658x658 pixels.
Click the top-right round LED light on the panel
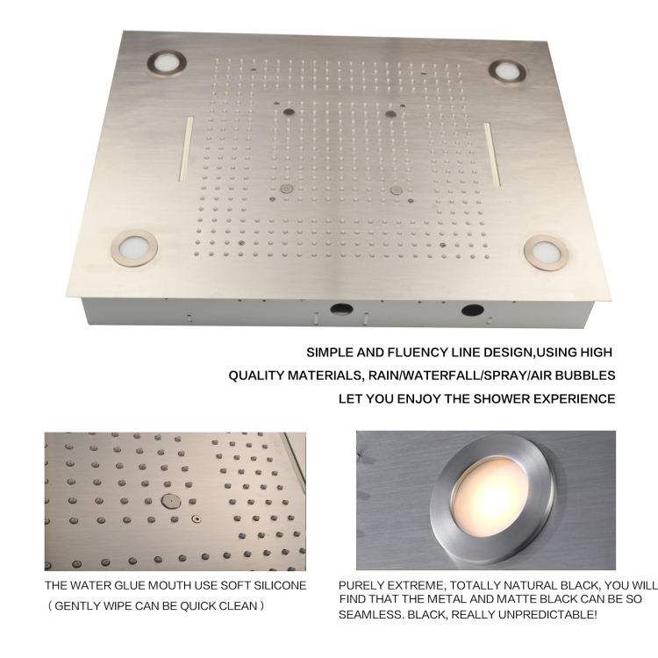(506, 71)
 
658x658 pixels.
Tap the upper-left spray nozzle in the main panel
(287, 111)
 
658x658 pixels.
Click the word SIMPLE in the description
(330, 352)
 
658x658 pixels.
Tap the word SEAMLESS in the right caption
(368, 613)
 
